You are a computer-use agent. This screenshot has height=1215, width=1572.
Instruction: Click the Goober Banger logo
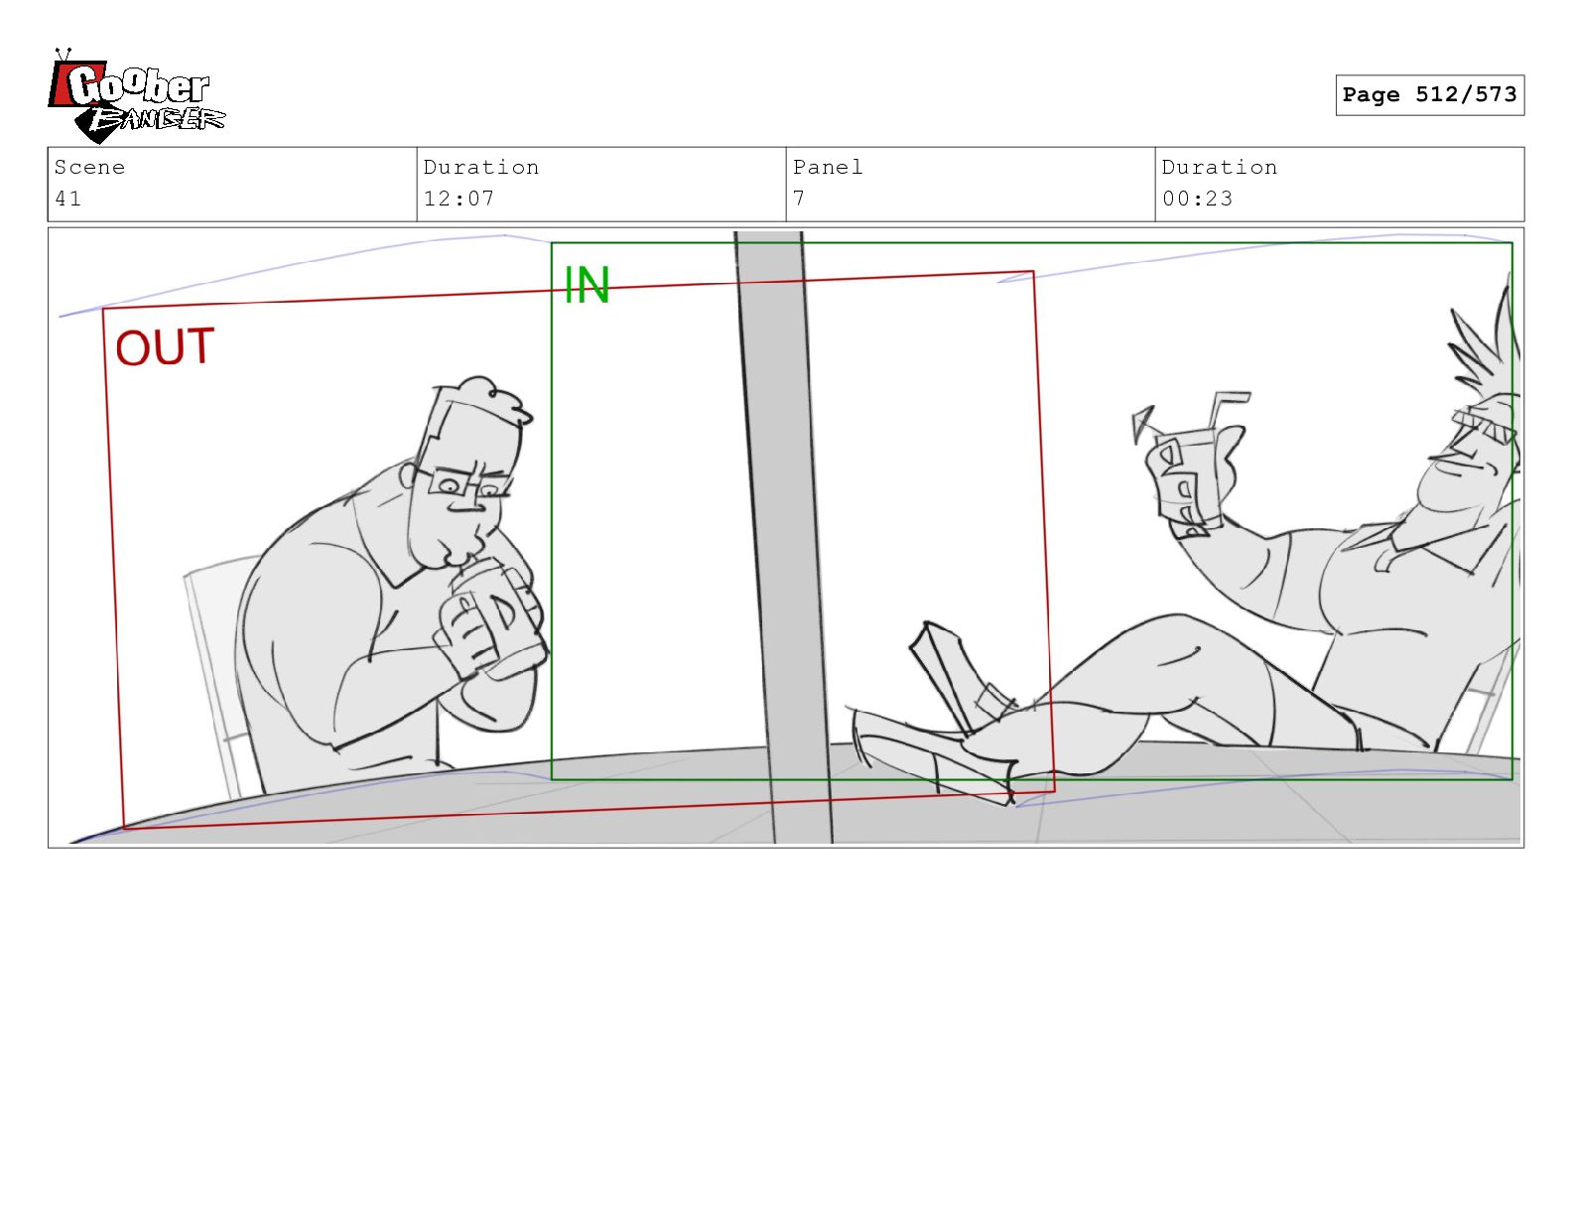point(136,96)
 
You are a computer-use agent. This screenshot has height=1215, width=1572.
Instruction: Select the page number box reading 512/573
point(1429,94)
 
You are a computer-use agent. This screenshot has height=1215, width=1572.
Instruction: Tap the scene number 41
point(68,199)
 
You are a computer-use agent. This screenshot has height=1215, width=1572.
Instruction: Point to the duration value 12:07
point(458,199)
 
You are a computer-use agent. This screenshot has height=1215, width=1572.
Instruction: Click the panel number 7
point(799,199)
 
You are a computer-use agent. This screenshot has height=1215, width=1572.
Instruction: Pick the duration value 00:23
point(1197,199)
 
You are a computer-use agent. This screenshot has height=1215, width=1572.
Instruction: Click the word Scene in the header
point(89,167)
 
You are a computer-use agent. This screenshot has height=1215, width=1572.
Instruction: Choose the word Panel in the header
point(829,167)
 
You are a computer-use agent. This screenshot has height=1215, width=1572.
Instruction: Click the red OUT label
point(165,347)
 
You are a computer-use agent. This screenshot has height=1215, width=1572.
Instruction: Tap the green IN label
point(587,285)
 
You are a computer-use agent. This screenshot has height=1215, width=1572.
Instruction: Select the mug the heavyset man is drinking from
point(499,619)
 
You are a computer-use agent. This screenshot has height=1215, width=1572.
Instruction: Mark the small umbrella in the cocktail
point(1143,423)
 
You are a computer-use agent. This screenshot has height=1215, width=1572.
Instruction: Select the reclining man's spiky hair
point(1487,340)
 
